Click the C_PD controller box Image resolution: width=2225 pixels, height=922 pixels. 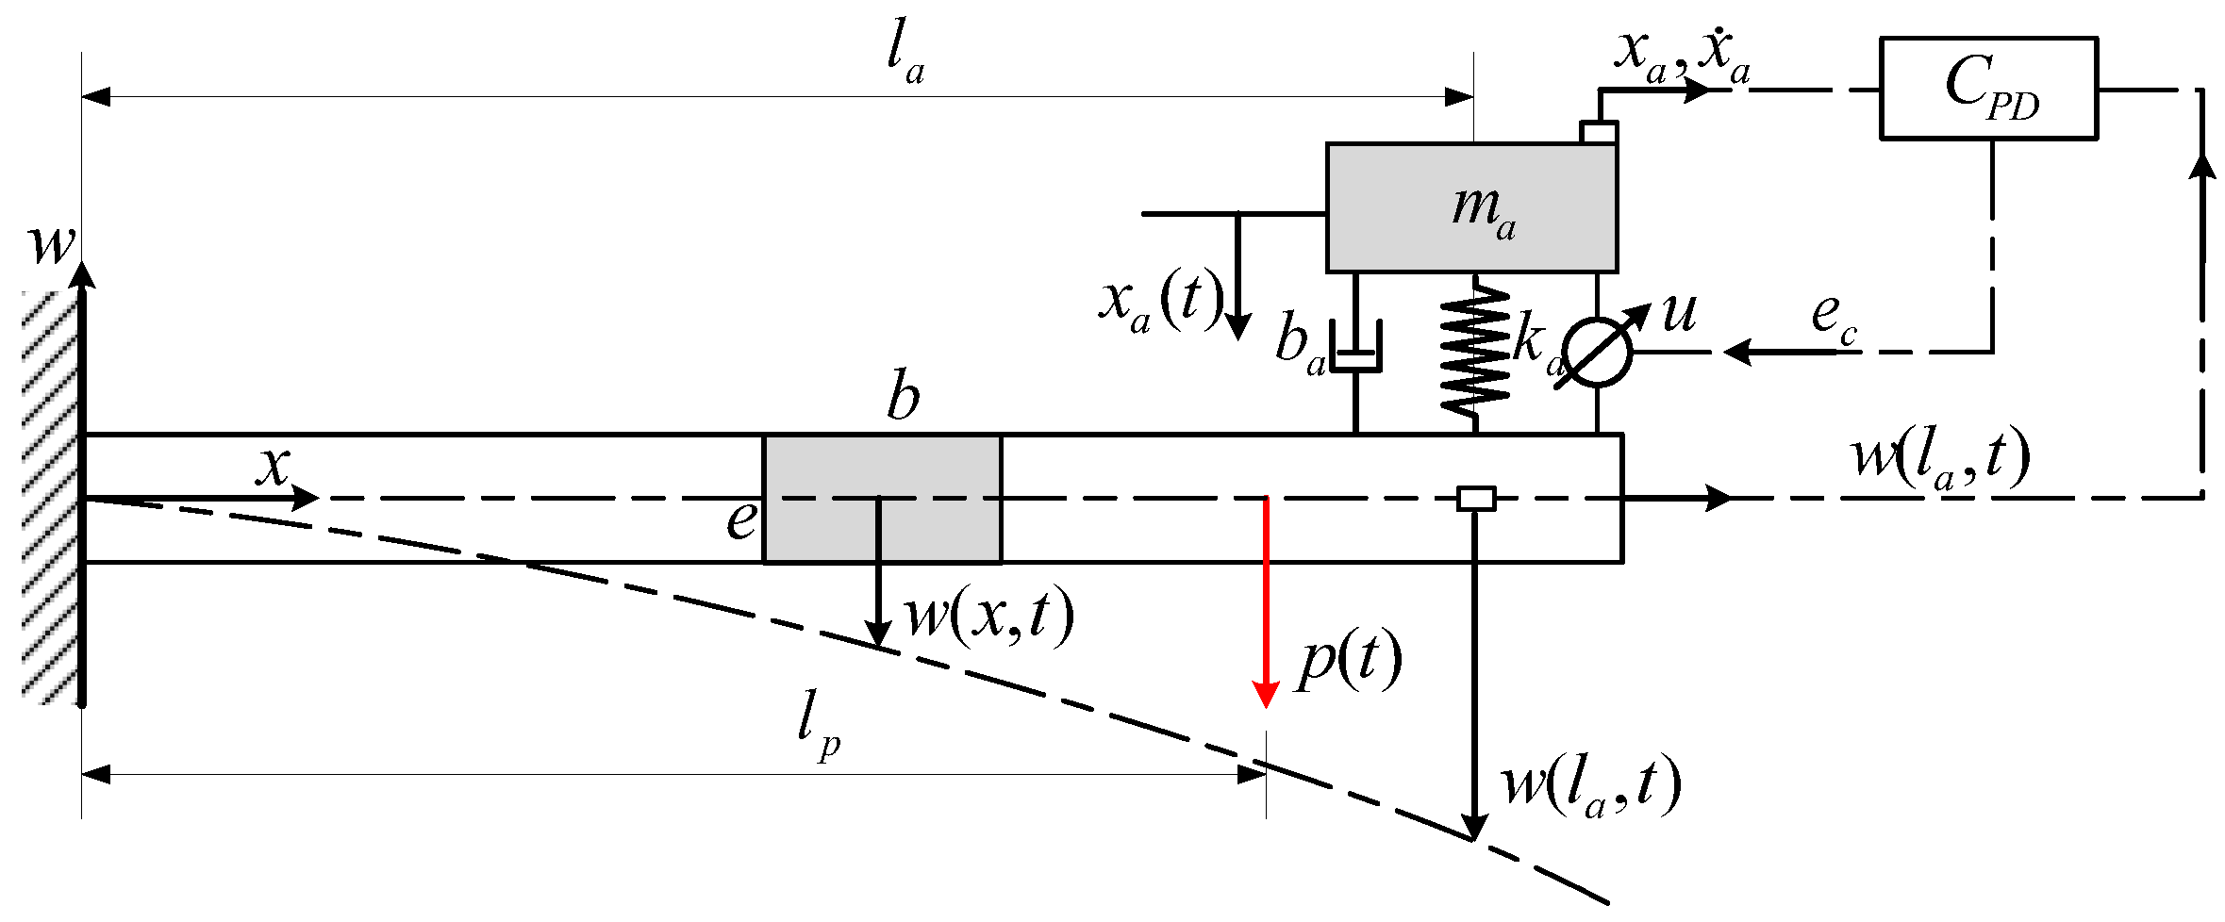[x=1987, y=89]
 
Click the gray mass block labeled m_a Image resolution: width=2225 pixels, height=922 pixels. [x=1470, y=208]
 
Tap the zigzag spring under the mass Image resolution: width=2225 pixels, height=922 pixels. [x=1475, y=349]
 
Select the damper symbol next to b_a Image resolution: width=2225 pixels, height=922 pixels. [x=1355, y=349]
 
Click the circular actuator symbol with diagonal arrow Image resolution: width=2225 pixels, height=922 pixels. [x=1597, y=353]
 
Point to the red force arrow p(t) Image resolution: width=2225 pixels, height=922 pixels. [x=1265, y=603]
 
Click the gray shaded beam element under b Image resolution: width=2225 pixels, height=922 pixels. [x=881, y=499]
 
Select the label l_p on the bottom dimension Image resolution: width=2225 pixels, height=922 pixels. [x=817, y=724]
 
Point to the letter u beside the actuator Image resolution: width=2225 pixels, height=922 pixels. [x=1679, y=313]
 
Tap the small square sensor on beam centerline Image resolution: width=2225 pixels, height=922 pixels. [x=1475, y=498]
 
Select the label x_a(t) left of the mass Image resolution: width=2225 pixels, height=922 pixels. [x=1160, y=302]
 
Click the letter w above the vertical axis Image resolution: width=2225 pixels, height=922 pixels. [x=51, y=245]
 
